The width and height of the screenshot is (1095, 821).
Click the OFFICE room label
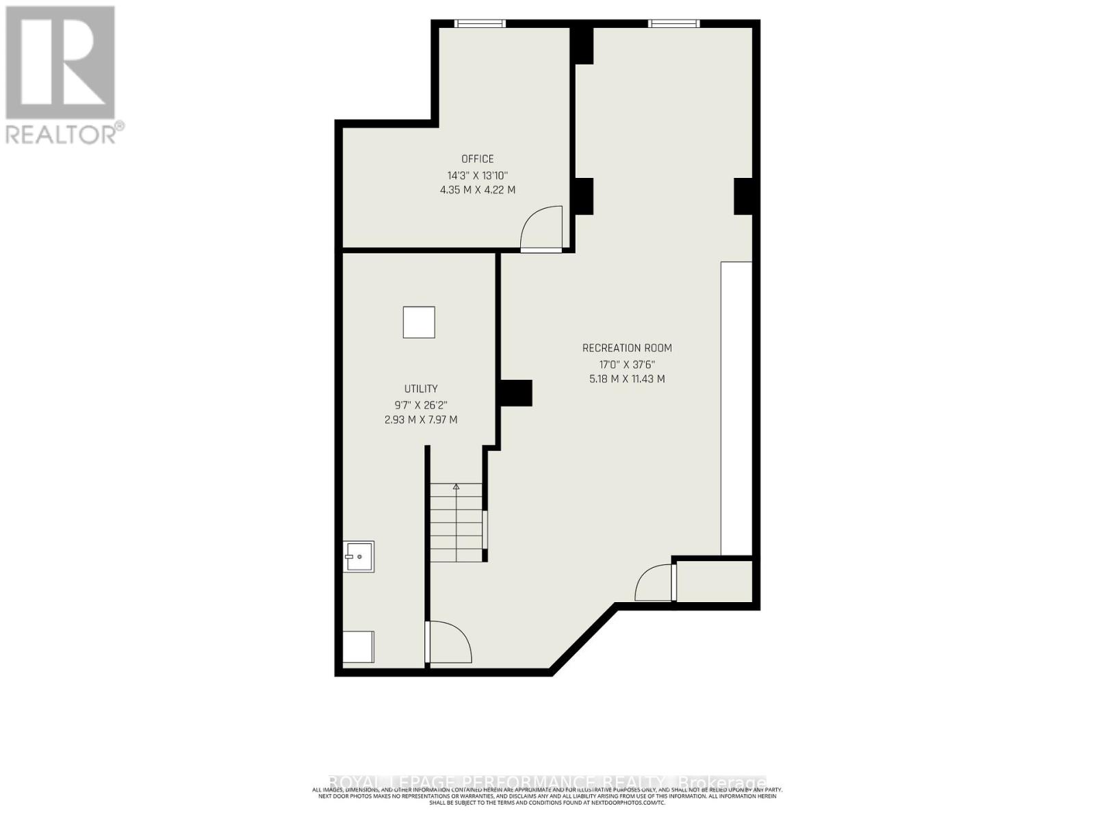[x=477, y=159]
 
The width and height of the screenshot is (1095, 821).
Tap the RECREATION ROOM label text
[x=627, y=348]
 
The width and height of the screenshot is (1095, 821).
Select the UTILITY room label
[x=421, y=389]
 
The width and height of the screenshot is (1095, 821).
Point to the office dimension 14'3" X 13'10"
[x=477, y=175]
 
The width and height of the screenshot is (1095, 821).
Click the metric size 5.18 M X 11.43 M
[x=627, y=379]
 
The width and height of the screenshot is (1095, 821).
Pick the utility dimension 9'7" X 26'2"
[x=421, y=404]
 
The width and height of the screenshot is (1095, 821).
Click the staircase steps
[x=456, y=523]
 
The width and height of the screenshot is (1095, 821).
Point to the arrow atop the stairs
[x=456, y=486]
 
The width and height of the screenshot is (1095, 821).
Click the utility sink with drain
[x=359, y=557]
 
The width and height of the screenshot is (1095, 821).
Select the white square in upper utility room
[x=419, y=323]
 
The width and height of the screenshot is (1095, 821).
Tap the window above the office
[x=480, y=24]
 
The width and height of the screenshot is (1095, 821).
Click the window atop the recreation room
[x=674, y=24]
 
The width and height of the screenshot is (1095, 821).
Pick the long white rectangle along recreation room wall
[x=736, y=408]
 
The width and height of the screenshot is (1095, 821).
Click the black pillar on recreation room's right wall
[x=743, y=196]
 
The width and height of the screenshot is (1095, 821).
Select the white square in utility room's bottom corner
[x=359, y=647]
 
